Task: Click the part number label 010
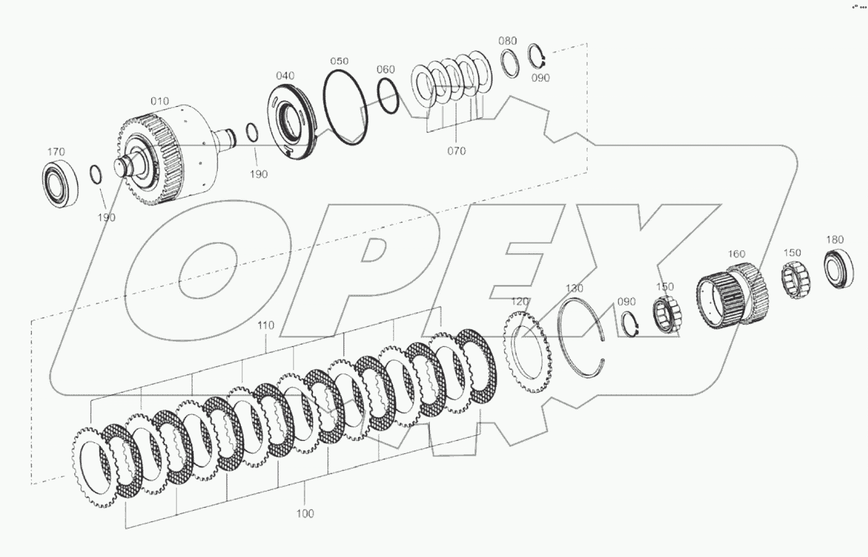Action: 159,101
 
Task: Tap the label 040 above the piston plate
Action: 285,76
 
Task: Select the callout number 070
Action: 456,151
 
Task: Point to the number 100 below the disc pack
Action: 305,513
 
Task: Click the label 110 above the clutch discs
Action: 265,326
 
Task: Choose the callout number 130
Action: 574,288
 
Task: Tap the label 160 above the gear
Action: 736,254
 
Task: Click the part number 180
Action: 834,239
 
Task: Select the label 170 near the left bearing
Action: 56,152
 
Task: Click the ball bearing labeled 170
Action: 60,185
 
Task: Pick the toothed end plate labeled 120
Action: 526,353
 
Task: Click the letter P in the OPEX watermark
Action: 375,275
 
